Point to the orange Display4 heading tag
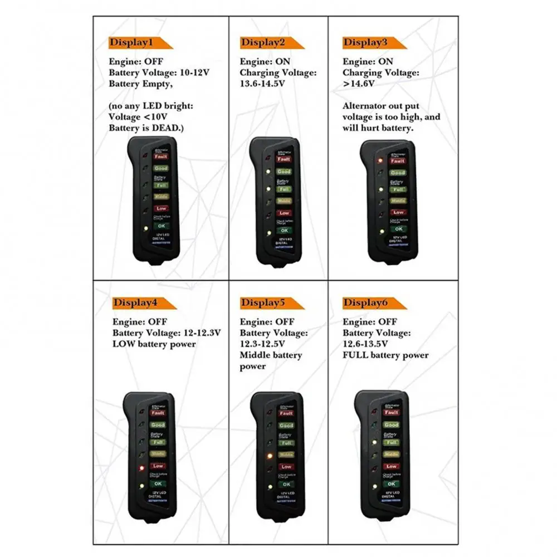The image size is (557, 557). pos(139,303)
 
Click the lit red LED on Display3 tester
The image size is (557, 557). pos(380,160)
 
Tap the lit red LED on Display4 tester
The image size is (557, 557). pos(143,467)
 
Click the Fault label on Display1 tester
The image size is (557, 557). pos(160,157)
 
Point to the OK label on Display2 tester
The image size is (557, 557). pos(284,230)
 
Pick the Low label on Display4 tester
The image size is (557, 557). pos(158,466)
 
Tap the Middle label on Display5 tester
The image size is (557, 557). pos(286,454)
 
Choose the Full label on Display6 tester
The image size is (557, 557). pos(391,442)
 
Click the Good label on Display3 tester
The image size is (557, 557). pos(397,173)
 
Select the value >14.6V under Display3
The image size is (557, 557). pos(359,84)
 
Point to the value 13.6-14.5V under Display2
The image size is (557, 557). pos(262,84)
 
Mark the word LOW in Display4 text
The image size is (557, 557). pos(124,344)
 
